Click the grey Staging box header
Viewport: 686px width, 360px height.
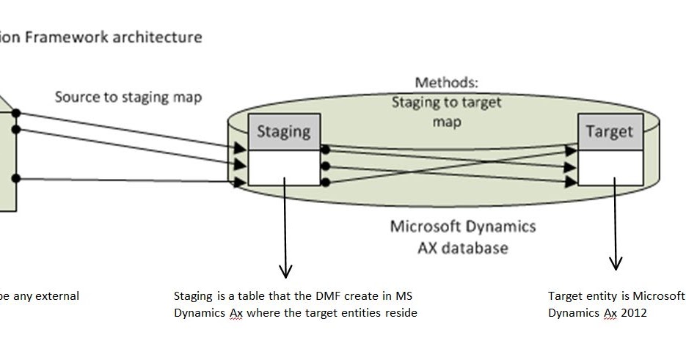click(284, 131)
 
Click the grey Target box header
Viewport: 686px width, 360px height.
click(610, 131)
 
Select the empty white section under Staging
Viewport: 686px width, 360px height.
click(284, 167)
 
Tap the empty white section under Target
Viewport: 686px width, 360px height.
click(610, 167)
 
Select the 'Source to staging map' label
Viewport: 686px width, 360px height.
click(128, 97)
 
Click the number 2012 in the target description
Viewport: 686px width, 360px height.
click(637, 313)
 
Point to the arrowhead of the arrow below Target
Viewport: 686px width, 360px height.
click(616, 263)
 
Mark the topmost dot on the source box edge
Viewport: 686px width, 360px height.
click(16, 113)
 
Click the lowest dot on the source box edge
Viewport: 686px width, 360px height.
click(16, 178)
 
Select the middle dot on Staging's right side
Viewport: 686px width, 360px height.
click(325, 165)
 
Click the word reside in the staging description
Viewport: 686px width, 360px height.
click(400, 313)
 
